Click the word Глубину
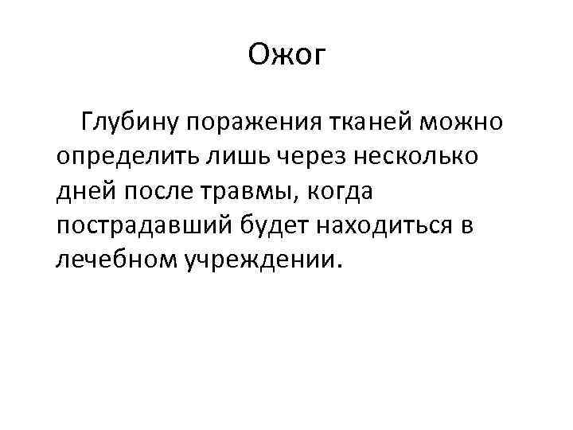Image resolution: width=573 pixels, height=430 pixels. [127, 123]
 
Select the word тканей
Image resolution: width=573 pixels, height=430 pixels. [360, 123]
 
